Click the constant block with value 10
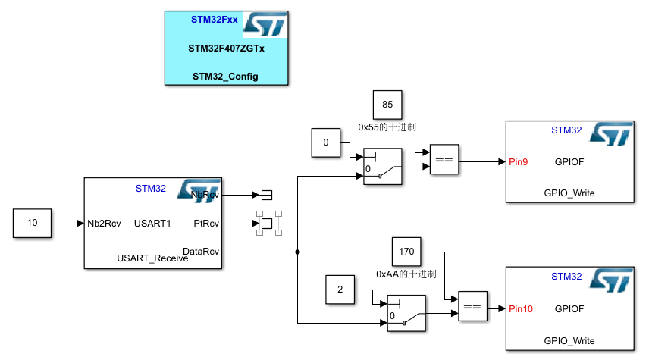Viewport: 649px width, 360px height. (32, 224)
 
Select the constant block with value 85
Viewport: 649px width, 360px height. (387, 105)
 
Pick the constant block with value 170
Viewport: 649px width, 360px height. (406, 250)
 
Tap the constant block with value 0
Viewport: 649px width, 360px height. (326, 142)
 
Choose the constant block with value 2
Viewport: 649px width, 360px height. (340, 290)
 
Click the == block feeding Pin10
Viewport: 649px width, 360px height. (472, 307)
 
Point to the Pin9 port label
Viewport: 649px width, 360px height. (519, 161)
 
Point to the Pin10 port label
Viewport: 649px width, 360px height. (522, 308)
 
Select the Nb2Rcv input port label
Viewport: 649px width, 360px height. (103, 224)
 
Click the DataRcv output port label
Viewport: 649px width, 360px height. (201, 251)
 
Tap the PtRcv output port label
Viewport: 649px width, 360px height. (206, 224)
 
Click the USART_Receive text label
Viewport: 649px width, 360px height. (152, 258)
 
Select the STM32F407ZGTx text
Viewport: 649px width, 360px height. (226, 48)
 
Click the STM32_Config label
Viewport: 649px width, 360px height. (226, 76)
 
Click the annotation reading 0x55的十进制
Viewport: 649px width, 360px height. (387, 127)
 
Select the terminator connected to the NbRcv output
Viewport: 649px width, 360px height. (267, 195)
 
